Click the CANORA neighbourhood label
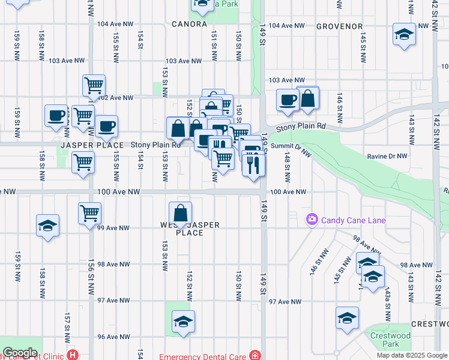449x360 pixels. [189, 25]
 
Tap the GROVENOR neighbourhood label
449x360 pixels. [340, 26]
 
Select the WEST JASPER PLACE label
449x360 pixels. [190, 229]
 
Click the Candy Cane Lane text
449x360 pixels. [353, 220]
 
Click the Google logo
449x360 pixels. [20, 353]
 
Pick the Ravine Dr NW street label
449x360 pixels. [387, 156]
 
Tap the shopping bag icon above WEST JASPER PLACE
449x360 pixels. [181, 213]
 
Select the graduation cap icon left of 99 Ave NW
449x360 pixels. [47, 226]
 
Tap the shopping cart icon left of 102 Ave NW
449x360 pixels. [94, 86]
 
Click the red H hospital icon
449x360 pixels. [73, 355]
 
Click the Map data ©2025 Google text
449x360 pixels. [412, 355]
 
